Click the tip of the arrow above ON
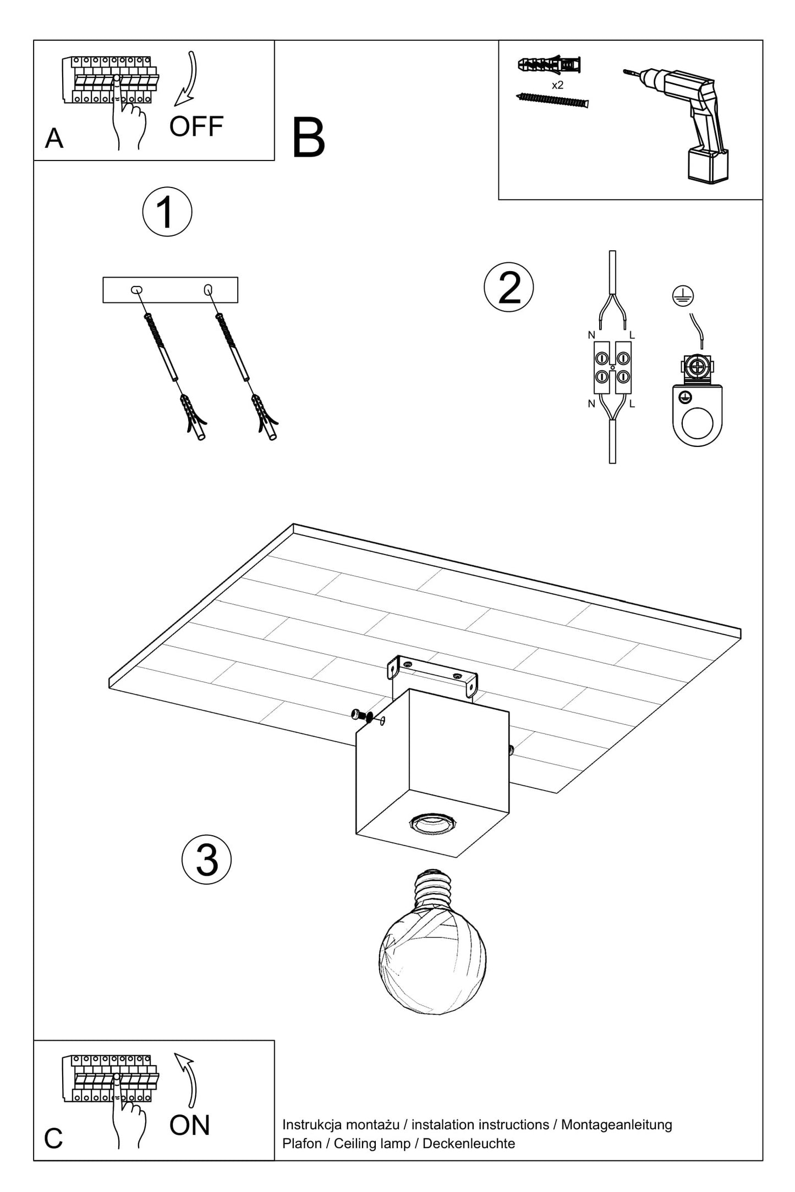[x=176, y=1054]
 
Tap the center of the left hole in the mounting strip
[x=136, y=290]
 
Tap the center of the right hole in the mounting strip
[x=208, y=289]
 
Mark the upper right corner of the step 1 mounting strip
[x=238, y=278]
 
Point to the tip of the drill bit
[x=624, y=70]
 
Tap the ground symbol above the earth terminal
[x=683, y=296]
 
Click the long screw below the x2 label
[x=552, y=100]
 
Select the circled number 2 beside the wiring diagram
[x=508, y=287]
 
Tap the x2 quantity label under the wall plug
[x=557, y=85]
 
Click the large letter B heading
[x=308, y=138]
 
